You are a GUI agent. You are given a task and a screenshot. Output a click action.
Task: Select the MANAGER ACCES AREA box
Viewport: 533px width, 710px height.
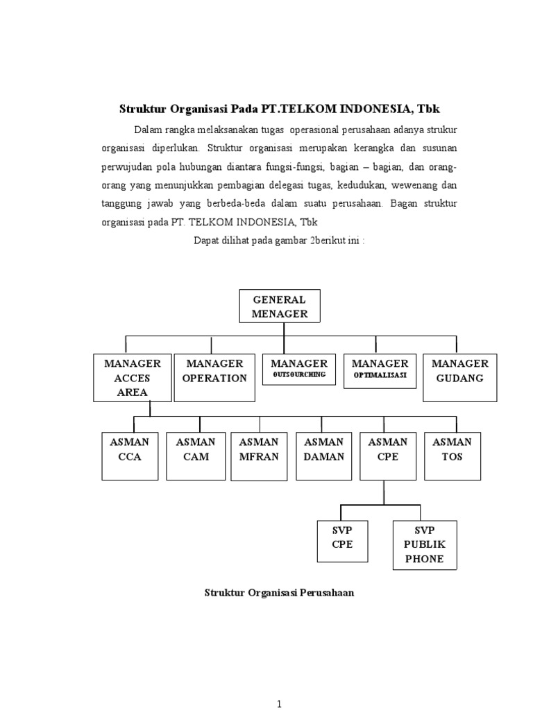pyautogui.click(x=133, y=378)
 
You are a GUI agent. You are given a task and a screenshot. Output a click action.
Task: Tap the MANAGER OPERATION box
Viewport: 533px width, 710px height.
pyautogui.click(x=214, y=378)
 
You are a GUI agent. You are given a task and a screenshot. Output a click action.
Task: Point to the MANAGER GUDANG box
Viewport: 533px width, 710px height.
pyautogui.click(x=460, y=378)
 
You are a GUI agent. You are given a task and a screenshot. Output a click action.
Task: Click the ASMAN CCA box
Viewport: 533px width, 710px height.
pyautogui.click(x=130, y=456)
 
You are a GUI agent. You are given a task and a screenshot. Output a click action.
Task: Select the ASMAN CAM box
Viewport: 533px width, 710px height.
pyautogui.click(x=196, y=456)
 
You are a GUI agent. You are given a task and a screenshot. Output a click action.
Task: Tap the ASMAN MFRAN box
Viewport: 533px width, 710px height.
pyautogui.click(x=258, y=456)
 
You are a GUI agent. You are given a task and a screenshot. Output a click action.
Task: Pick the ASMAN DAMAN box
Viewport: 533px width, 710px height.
pyautogui.click(x=324, y=456)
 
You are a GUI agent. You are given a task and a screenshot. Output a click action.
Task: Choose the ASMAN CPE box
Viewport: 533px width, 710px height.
pyautogui.click(x=388, y=456)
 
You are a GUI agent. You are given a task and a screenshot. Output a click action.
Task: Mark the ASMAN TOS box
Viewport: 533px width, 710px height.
pyautogui.click(x=452, y=456)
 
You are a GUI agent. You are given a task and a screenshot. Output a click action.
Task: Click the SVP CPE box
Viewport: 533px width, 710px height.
pyautogui.click(x=342, y=545)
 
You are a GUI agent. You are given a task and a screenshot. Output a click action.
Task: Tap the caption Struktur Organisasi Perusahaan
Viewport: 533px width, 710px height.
pyautogui.click(x=280, y=594)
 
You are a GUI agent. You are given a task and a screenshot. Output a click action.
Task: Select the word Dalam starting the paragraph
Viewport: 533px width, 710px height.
pyautogui.click(x=148, y=130)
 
